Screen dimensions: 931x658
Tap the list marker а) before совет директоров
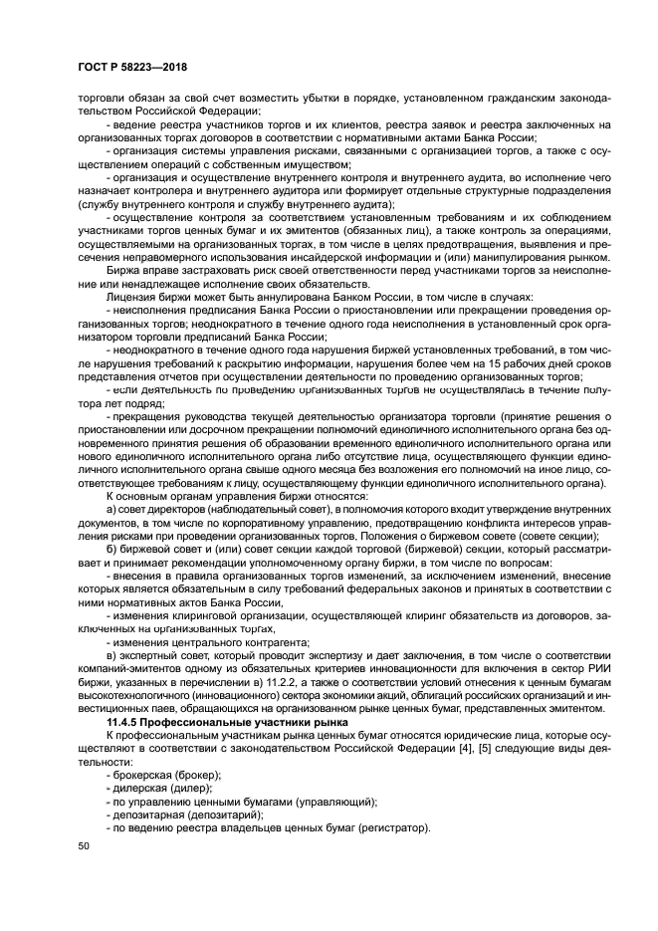(110, 508)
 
